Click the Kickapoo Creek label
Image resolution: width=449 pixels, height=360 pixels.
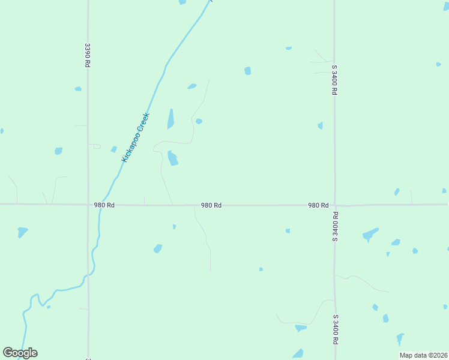[134, 137]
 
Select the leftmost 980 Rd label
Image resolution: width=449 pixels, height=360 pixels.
[104, 205]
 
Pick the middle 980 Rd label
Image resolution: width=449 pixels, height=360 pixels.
[211, 205]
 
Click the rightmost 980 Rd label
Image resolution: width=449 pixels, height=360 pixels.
[318, 205]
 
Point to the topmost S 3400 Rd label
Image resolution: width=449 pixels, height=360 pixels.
[334, 80]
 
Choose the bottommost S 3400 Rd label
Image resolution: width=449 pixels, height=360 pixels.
[335, 329]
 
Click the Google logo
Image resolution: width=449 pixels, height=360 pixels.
[20, 353]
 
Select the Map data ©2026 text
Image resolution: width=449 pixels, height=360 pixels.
[423, 355]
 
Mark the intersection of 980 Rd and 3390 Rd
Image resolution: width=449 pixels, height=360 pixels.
[88, 205]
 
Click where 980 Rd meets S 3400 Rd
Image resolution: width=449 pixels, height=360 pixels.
[335, 205]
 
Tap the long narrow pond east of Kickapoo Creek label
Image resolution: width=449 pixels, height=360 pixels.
[170, 119]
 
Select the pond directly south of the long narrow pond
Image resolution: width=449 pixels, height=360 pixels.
[173, 158]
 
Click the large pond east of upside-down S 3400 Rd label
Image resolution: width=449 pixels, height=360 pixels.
[370, 234]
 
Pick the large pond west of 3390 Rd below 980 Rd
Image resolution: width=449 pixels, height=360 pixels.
[22, 231]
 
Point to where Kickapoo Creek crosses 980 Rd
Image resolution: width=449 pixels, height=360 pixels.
[102, 205]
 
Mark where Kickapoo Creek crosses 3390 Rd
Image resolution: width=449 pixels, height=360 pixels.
[88, 275]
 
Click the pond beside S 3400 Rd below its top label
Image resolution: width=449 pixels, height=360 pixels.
[320, 125]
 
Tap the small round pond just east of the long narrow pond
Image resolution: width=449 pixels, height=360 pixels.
[199, 121]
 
